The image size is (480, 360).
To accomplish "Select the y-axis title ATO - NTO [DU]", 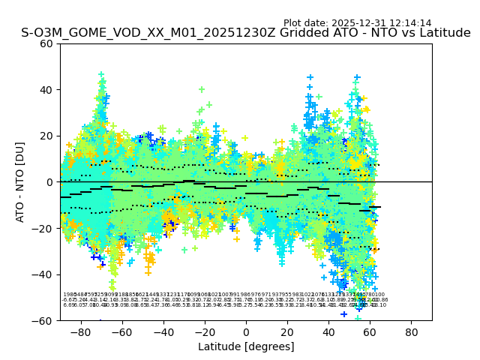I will [x=21, y=181].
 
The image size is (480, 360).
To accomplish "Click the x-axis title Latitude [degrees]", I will [x=246, y=346].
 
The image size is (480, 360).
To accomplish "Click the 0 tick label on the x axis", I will [x=246, y=331].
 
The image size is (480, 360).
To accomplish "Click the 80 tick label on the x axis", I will [x=411, y=331].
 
